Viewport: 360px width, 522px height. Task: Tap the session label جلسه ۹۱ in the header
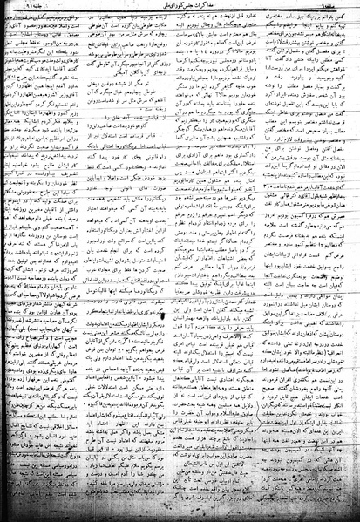35,8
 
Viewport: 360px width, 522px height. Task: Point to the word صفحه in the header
336,8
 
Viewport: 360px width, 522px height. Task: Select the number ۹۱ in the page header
26,8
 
